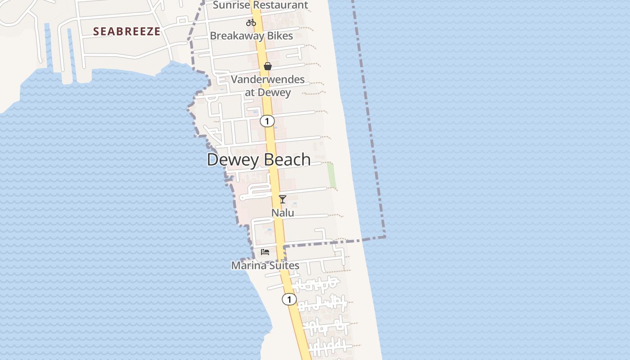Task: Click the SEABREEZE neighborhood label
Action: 126,31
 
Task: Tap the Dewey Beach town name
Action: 259,160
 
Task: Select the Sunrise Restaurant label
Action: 260,5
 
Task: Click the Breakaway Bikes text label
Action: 252,36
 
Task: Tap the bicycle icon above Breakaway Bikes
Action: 251,22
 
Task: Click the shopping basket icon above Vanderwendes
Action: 268,66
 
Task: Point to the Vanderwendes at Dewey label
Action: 268,86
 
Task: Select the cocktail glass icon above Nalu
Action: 283,199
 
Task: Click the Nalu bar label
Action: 283,212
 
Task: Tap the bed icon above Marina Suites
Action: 265,252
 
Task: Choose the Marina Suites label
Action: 265,265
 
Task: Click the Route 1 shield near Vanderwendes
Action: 267,121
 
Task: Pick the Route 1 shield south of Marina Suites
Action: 289,299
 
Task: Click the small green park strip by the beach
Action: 332,175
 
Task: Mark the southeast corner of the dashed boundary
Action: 385,237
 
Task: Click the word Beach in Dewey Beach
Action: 287,160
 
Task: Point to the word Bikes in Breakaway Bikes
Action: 279,36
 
